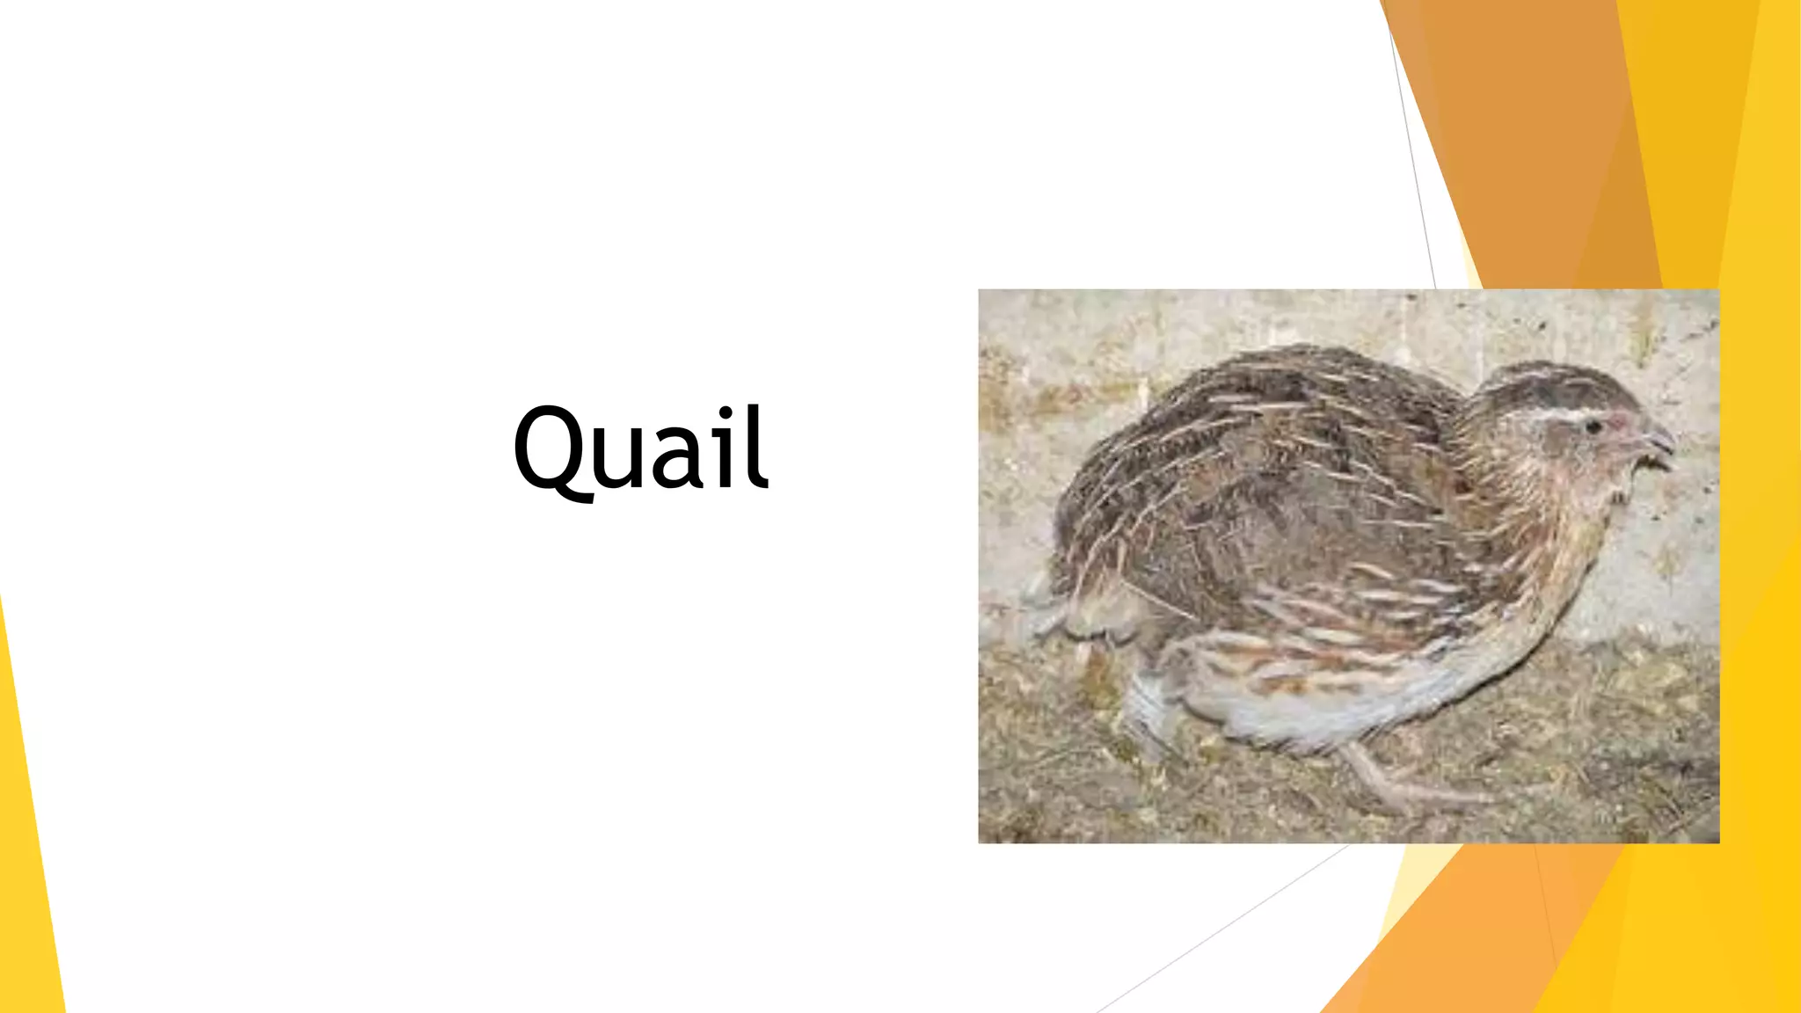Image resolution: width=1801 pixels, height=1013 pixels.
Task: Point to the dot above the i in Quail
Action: click(726, 414)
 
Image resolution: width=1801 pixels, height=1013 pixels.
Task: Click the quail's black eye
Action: click(1593, 427)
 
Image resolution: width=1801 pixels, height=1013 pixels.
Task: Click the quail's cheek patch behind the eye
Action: click(1548, 448)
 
